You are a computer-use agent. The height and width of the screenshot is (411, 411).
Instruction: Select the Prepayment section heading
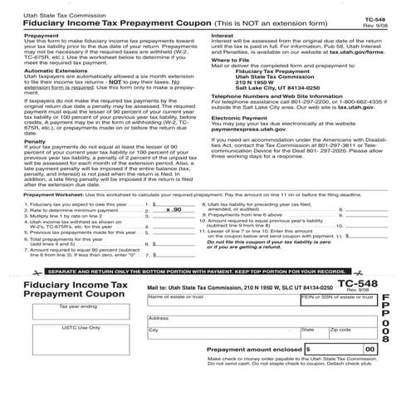[42, 37]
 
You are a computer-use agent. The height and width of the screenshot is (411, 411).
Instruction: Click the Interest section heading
[222, 37]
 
